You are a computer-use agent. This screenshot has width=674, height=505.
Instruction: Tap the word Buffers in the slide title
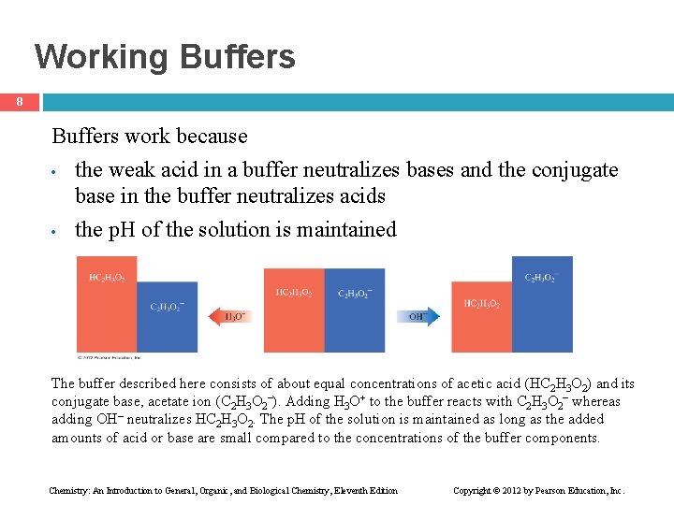[238, 57]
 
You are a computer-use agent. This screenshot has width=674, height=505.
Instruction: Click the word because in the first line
[215, 137]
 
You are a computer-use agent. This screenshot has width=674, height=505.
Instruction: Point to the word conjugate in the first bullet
[575, 170]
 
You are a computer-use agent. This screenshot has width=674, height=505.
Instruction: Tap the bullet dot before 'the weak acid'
[57, 172]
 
